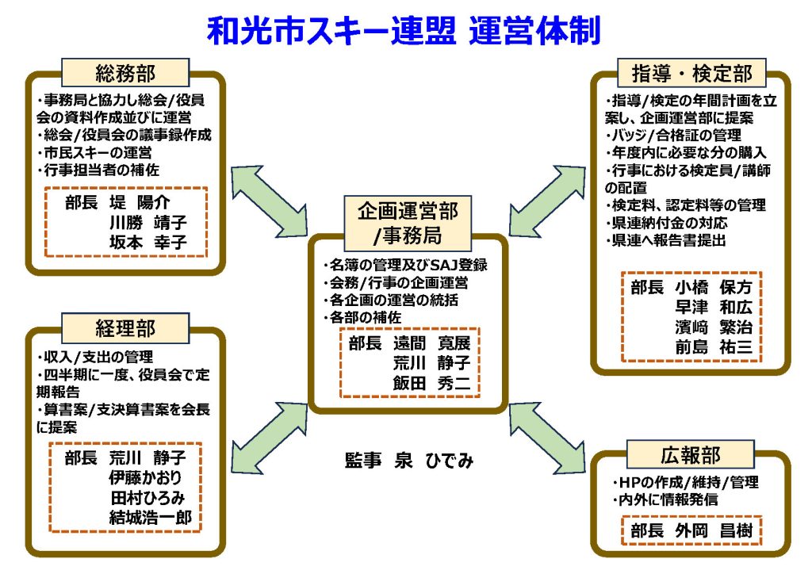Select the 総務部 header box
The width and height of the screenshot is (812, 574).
point(124,75)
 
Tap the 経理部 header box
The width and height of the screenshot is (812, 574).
point(124,327)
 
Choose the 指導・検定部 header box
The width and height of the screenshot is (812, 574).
point(692,74)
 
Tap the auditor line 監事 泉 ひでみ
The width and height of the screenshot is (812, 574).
point(409,460)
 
